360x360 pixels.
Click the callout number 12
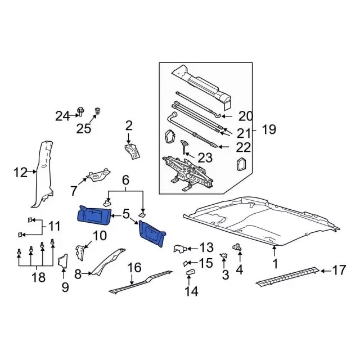pos(20,172)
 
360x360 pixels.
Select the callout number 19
pos(269,130)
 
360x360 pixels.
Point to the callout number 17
pos(339,271)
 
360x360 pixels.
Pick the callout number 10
pos(99,235)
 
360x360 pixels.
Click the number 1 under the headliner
pos(275,263)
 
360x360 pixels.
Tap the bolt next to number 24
pos(80,113)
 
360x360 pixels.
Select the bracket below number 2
pos(131,151)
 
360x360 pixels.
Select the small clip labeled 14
pos(190,273)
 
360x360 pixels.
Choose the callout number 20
pos(246,116)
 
